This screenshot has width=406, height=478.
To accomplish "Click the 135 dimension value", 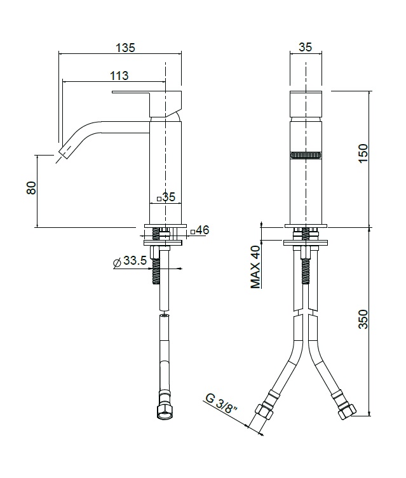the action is [125, 48].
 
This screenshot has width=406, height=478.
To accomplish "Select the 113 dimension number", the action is [119, 76].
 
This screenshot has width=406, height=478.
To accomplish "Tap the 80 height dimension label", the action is [31, 187].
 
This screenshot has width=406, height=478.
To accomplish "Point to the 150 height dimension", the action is [363, 154].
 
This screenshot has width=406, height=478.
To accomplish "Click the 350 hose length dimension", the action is [363, 319].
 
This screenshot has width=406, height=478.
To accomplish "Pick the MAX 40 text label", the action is [255, 267].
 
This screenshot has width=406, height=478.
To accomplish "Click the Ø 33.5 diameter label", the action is [130, 262].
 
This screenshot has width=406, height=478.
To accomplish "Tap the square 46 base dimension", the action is [200, 230].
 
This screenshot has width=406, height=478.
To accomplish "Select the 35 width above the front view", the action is [306, 47].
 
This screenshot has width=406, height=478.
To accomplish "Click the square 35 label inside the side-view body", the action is [166, 197].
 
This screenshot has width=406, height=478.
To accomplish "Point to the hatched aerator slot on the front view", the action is [306, 155].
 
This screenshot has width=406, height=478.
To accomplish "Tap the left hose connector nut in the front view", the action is [264, 411].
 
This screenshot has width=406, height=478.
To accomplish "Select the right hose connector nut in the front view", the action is [347, 411].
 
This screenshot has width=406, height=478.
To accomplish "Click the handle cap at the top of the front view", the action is [306, 103].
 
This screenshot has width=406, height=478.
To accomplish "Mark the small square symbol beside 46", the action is [193, 232].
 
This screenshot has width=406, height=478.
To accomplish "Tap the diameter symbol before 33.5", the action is [117, 262].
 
